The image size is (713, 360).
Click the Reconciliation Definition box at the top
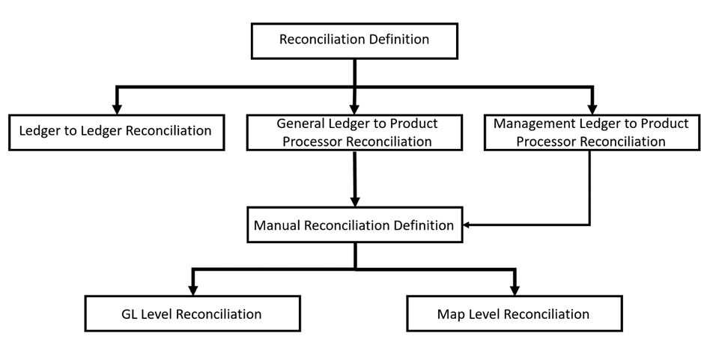click(354, 40)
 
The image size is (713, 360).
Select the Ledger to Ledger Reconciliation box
click(116, 132)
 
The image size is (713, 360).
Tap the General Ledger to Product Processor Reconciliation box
click(354, 132)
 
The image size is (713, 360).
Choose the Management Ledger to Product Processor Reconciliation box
click(592, 132)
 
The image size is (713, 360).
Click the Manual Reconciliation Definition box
click(354, 225)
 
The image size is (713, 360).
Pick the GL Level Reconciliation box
click(192, 314)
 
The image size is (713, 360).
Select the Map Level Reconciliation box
click(514, 314)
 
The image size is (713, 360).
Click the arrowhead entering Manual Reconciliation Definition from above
click(354, 201)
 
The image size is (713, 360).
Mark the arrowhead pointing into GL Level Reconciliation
click(192, 290)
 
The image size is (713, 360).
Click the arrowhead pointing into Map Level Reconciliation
click(514, 290)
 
